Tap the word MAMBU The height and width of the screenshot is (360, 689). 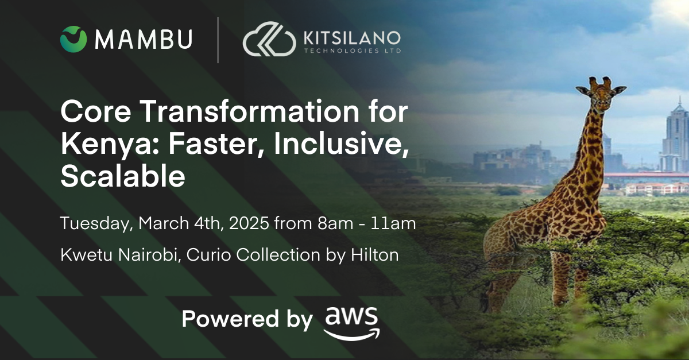(x=144, y=39)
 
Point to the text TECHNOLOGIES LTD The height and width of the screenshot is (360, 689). (x=351, y=51)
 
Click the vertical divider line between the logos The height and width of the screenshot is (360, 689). (x=218, y=40)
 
